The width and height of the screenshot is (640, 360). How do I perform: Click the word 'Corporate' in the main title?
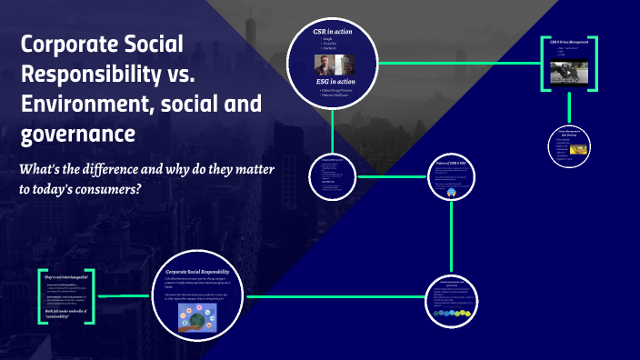(x=65, y=45)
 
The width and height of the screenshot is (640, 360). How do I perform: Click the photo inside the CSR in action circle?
(x=332, y=65)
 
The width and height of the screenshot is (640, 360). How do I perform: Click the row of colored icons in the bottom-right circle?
(x=452, y=314)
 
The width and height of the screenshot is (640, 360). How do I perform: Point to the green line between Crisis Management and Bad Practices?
(x=569, y=108)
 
